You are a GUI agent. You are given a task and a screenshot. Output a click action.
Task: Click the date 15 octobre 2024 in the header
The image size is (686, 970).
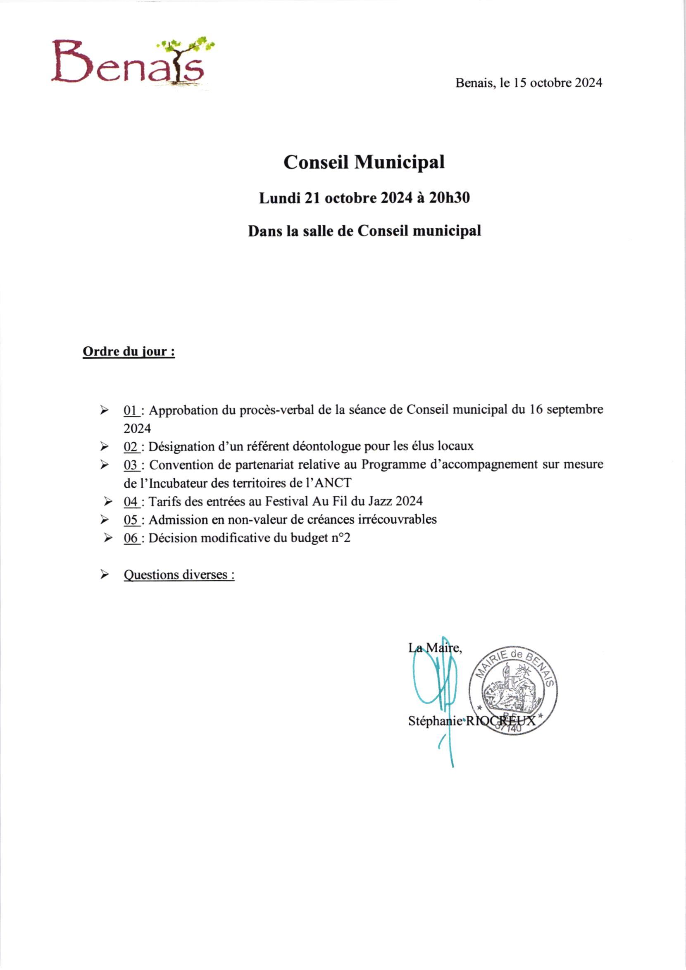click(557, 83)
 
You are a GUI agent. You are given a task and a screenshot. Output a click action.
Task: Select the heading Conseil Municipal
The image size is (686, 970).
click(364, 162)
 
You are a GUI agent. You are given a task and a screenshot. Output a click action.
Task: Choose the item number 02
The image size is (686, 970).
click(131, 446)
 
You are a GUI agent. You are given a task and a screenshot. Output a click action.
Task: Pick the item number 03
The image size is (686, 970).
click(131, 465)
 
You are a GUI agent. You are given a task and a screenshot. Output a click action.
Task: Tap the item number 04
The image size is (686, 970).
click(131, 501)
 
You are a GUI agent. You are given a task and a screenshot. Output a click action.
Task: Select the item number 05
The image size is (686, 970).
click(131, 520)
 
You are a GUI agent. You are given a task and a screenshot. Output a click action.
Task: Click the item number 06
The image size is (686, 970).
click(131, 538)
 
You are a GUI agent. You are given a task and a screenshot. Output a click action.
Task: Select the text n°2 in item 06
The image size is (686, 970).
click(341, 538)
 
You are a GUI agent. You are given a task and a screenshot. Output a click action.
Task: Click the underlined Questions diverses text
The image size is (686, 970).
click(179, 575)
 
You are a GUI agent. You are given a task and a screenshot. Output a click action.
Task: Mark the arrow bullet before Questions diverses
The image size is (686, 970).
click(104, 575)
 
